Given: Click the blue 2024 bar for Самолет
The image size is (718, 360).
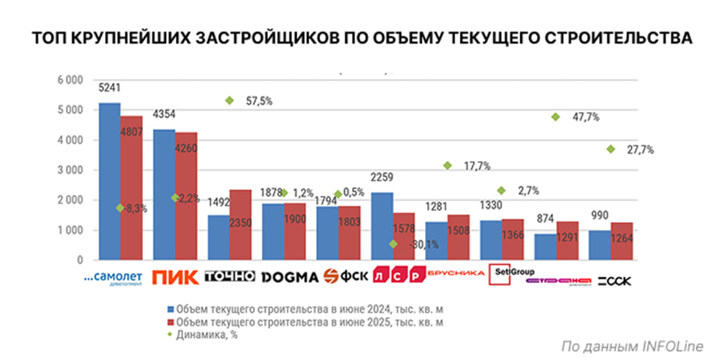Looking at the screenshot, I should click(109, 181).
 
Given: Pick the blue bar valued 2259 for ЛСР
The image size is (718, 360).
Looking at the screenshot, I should click(382, 226).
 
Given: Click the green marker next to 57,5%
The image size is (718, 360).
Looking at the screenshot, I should click(229, 100).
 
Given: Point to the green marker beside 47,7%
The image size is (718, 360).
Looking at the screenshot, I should click(555, 117).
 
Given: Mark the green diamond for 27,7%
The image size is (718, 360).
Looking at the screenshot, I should click(610, 149).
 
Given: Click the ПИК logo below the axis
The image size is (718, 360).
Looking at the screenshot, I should click(174, 278).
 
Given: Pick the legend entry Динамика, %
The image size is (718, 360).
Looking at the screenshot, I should click(207, 335).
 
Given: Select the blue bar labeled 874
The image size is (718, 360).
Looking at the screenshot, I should click(546, 246).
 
